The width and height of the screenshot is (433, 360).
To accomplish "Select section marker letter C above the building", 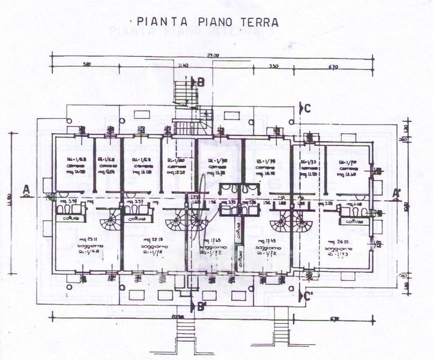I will [307, 108].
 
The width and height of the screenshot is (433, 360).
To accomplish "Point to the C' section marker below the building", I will [307, 295].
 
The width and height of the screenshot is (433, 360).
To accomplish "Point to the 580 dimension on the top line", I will [87, 65].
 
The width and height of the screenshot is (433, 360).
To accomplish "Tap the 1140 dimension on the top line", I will [184, 65].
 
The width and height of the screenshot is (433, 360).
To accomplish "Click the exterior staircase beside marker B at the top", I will [182, 94].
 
